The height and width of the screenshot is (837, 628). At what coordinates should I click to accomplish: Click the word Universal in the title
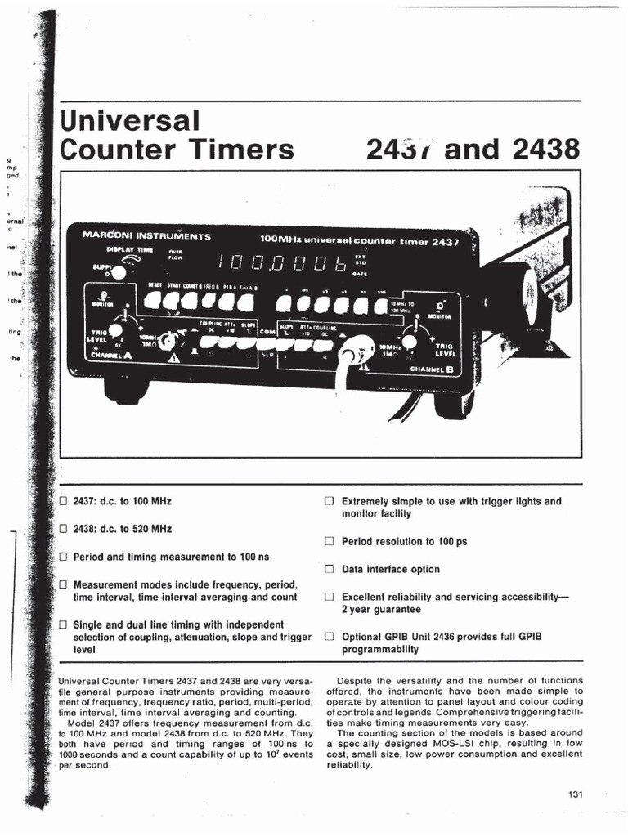(x=130, y=122)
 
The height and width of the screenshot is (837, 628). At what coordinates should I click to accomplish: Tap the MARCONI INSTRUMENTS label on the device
(x=147, y=236)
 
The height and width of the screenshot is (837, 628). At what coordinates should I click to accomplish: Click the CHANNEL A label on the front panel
(x=110, y=356)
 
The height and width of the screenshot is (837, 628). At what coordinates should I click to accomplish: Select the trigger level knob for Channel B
(x=413, y=341)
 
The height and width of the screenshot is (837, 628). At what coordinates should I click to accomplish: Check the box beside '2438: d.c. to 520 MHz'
(x=63, y=529)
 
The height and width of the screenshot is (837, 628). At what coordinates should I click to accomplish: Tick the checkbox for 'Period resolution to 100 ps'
(x=330, y=541)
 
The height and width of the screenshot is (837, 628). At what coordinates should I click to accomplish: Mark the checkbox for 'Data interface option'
(x=330, y=569)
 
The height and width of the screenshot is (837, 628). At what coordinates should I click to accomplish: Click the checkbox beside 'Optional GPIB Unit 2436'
(x=330, y=636)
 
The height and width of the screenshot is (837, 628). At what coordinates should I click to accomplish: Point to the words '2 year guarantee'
(x=381, y=610)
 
